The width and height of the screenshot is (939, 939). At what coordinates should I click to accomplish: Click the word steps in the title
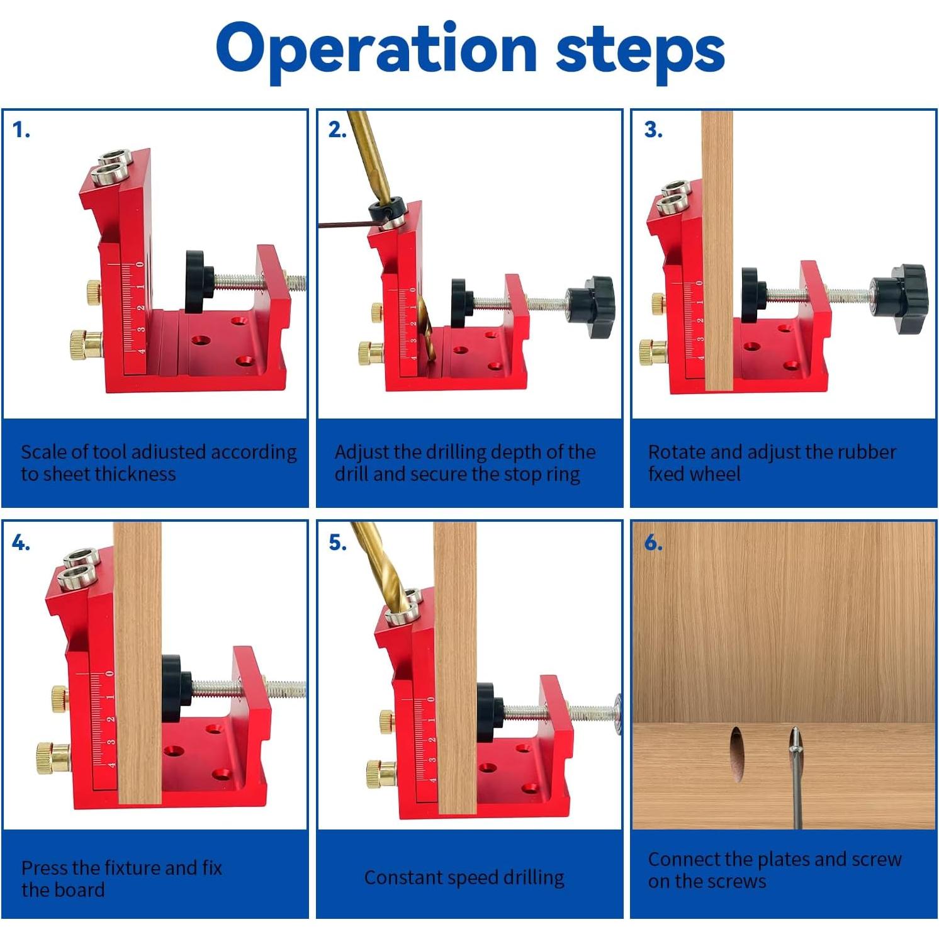pos(641,49)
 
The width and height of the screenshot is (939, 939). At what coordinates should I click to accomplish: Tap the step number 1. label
pos(21,130)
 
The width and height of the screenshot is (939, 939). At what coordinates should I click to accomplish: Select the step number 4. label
pos(21,542)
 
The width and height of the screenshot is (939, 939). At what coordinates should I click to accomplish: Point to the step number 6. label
pos(653,542)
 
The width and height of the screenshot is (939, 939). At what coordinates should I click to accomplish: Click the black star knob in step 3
pos(899,298)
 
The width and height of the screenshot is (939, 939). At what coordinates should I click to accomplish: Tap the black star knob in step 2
pos(590,306)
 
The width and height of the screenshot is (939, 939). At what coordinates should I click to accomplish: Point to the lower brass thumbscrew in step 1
pos(86,346)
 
